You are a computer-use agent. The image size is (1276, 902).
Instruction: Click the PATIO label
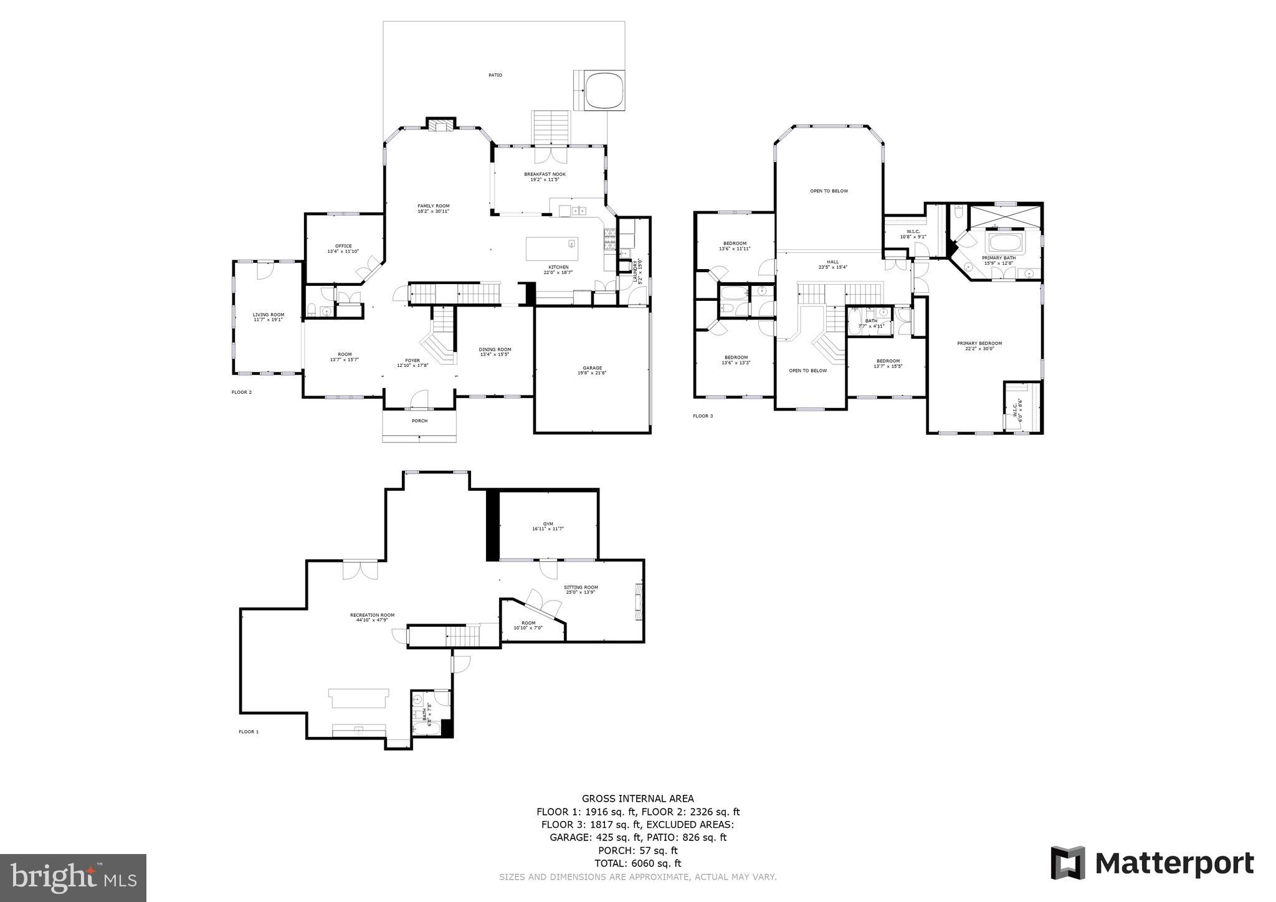pos(495,75)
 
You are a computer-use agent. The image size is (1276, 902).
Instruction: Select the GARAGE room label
pos(593,370)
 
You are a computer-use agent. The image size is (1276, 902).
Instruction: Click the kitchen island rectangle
pos(551,249)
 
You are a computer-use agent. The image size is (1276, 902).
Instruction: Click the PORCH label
pos(419,420)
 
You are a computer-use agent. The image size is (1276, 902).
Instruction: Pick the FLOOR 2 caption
pos(241,392)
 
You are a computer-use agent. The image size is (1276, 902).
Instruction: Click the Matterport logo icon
pos(1068,863)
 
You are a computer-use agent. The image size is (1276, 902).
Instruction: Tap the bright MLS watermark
pos(74,878)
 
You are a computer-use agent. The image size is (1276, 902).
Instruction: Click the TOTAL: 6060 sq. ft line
pos(637,863)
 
